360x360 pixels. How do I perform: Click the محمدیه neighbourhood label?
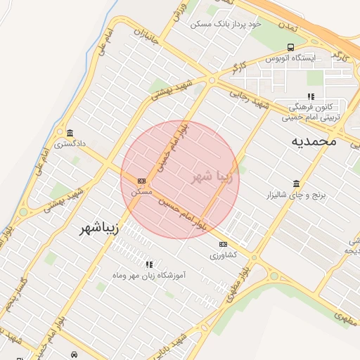click(314, 141)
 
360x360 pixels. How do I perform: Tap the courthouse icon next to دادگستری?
click(70, 133)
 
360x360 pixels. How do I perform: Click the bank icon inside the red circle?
click(142, 180)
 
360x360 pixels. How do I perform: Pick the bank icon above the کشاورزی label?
click(224, 244)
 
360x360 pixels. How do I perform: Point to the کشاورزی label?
click(224, 256)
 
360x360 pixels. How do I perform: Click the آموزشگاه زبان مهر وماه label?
click(149, 275)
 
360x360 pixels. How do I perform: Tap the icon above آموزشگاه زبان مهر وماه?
click(149, 264)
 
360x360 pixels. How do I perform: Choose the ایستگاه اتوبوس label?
click(290, 58)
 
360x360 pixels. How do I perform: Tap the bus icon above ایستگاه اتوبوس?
click(290, 46)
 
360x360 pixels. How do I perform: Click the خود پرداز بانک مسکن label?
click(226, 24)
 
